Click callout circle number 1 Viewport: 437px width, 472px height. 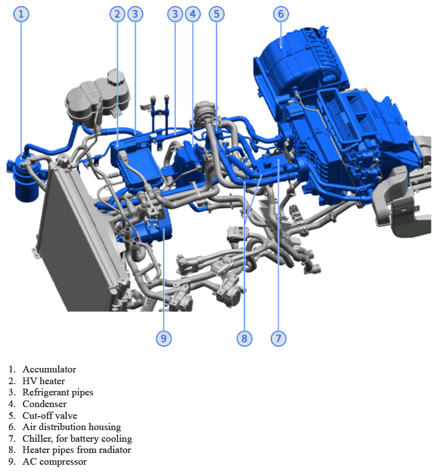tap(21, 14)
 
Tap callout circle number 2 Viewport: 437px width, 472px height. tap(117, 14)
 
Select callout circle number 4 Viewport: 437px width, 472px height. tap(192, 14)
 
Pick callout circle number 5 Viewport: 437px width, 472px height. tap(217, 14)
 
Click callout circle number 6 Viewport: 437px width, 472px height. tap(281, 14)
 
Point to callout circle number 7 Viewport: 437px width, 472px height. tap(278, 338)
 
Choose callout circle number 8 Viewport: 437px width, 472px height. tap(244, 338)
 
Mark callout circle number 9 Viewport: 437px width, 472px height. tap(163, 338)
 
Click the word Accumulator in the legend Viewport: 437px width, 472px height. tap(49, 370)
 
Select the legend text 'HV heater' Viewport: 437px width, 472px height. tap(44, 381)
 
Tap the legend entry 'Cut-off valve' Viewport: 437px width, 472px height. tap(50, 416)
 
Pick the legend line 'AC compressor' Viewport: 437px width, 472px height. tap(54, 462)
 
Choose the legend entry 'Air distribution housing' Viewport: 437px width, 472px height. tap(72, 427)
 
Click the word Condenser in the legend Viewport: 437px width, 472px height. tap(44, 404)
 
